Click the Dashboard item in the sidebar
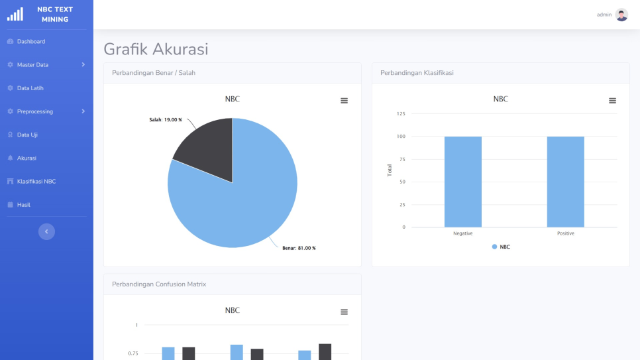coord(30,42)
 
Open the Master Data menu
coord(32,65)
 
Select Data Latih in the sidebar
coord(30,88)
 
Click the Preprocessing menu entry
coord(34,111)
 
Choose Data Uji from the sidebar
coord(27,135)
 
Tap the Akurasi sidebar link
coord(27,158)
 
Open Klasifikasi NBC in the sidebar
coord(36,181)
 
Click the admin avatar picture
coord(621,15)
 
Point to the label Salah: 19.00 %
coord(165,120)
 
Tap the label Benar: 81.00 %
coord(299,248)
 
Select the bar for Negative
coord(462,182)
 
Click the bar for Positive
coord(565,182)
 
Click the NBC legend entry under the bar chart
coord(502,247)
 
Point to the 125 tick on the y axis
coord(401,114)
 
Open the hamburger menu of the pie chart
coord(344,101)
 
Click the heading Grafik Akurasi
coord(156,49)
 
